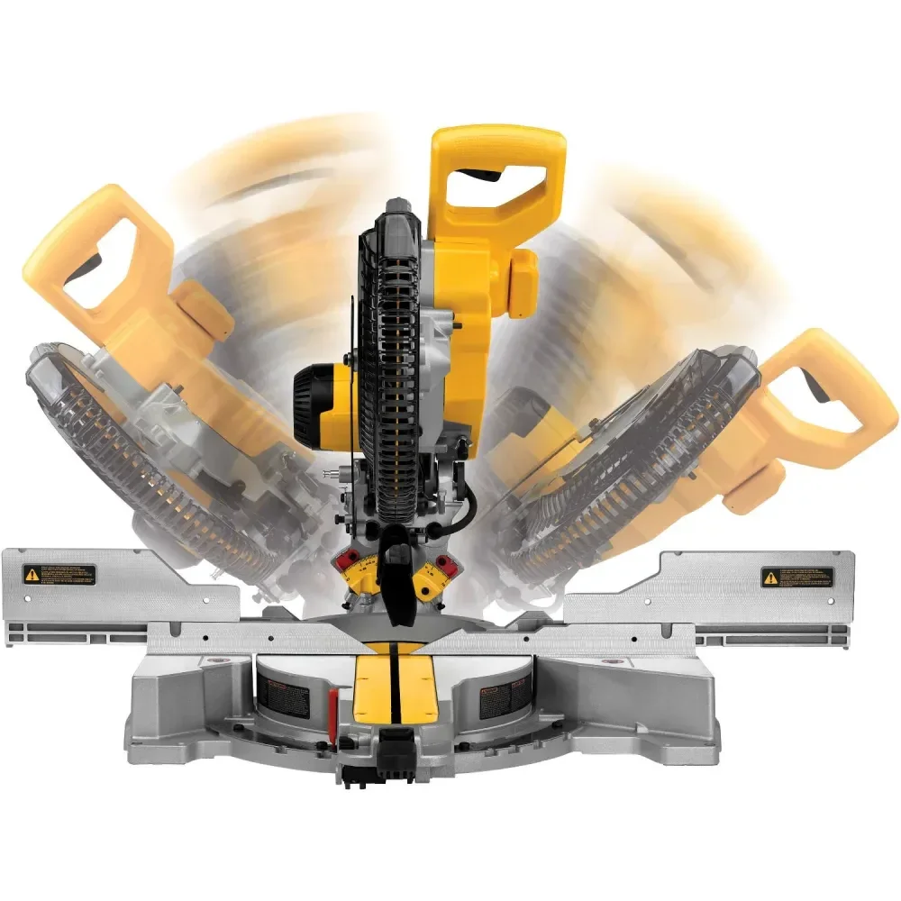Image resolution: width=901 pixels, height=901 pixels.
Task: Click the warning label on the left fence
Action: pos(59,573)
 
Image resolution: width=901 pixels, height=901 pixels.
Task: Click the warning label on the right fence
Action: pos(796,577)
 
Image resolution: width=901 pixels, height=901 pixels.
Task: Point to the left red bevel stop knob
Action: pos(343,562)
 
